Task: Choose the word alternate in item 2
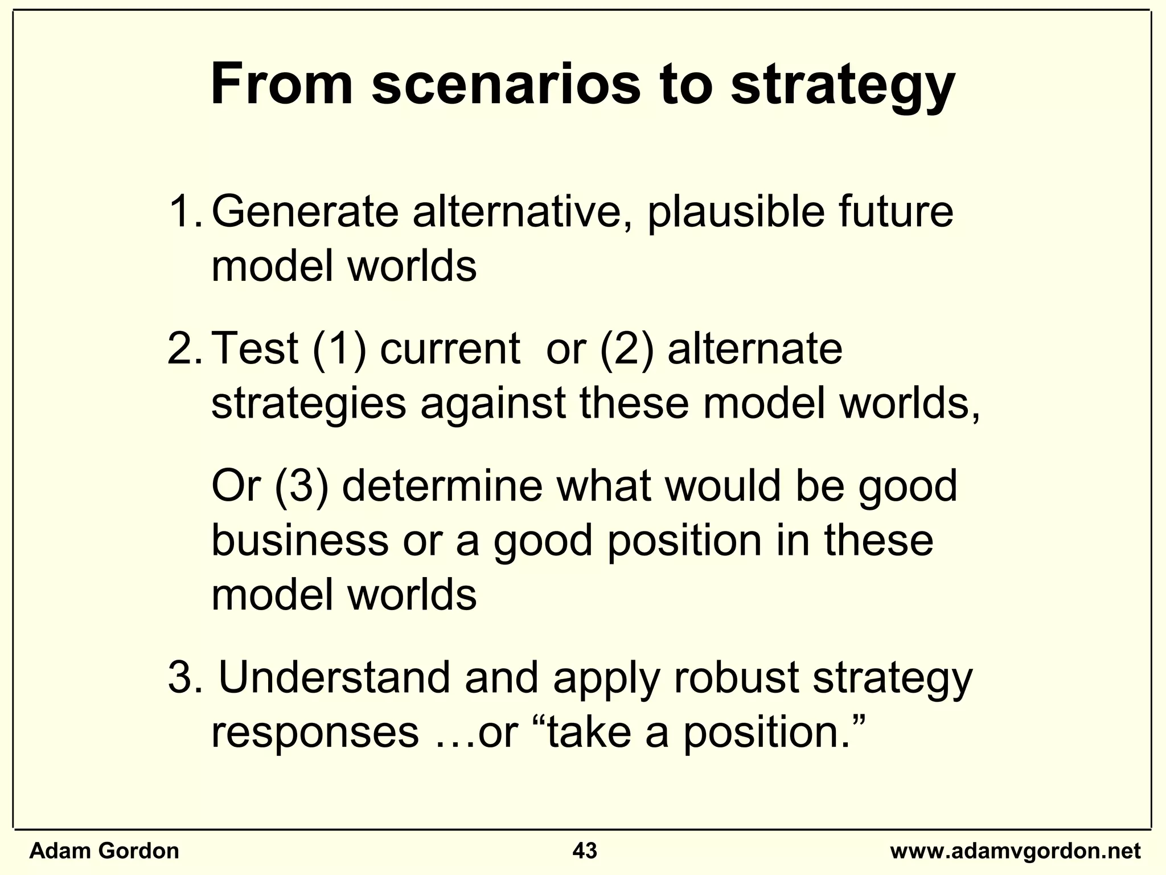point(754,349)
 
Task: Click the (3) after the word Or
point(302,486)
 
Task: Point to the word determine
point(442,486)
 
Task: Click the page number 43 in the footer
point(585,851)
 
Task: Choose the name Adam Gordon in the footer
point(104,851)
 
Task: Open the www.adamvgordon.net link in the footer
point(1015,851)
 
